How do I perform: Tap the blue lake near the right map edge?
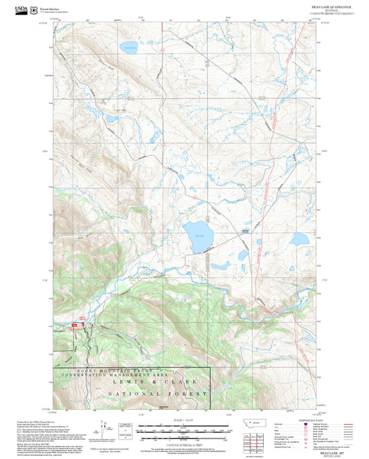click(299, 239)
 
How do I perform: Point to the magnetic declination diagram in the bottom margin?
click(103, 428)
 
